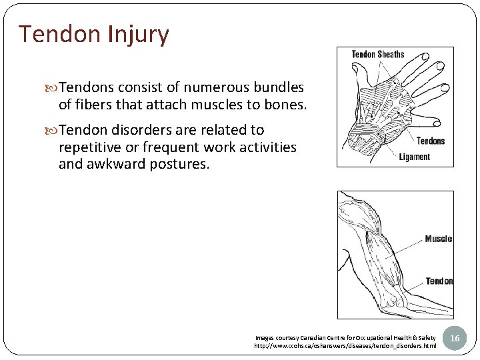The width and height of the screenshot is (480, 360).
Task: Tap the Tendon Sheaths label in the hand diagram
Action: pos(378,54)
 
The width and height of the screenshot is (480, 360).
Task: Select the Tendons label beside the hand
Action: pos(431,141)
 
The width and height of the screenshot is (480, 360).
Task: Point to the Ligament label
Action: pos(414,157)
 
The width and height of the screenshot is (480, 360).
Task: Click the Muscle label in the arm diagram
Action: pos(438,239)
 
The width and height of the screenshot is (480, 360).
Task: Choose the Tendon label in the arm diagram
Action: pos(439,281)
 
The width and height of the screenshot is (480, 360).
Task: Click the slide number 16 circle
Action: pos(455,339)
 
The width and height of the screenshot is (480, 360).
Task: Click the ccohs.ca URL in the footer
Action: pos(345,346)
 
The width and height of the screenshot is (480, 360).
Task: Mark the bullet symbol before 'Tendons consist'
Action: pos(54,88)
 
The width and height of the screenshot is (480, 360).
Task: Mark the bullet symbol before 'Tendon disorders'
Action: pos(54,130)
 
